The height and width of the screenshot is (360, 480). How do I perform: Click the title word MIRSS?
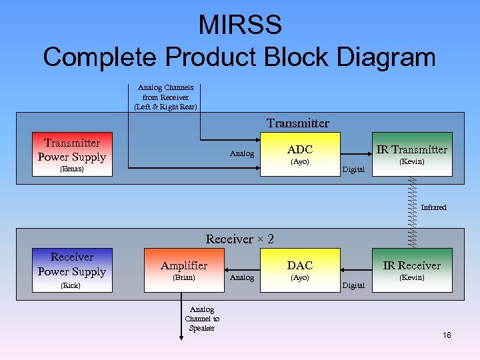tap(239, 25)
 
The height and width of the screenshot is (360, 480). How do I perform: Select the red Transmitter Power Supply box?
tap(71, 154)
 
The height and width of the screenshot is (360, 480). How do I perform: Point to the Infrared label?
tap(433, 207)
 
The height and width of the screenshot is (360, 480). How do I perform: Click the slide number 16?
tap(446, 335)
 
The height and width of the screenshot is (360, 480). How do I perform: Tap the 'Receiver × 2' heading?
tap(239, 239)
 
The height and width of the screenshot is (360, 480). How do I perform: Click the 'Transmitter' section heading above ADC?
tap(297, 123)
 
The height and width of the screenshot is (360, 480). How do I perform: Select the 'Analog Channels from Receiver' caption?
tap(165, 97)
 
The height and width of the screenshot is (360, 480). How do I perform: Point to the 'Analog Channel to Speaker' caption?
tap(201, 319)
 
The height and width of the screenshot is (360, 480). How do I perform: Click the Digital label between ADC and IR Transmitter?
tap(353, 169)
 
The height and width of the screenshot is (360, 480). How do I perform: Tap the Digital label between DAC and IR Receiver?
tap(353, 285)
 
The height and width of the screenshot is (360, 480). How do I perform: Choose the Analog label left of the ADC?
tap(241, 154)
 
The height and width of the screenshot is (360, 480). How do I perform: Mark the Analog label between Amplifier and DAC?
tap(241, 277)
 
